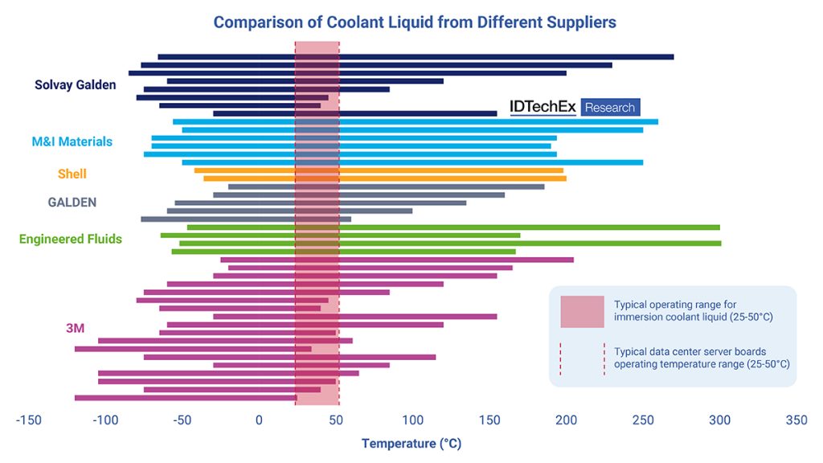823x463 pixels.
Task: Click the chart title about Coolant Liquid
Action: tap(414, 23)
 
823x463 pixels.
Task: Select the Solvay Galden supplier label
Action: tap(75, 84)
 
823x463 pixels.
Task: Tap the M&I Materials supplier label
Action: tap(72, 141)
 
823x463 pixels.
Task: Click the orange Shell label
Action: tap(72, 174)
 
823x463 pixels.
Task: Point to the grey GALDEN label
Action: tap(72, 203)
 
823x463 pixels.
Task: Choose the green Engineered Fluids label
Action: tap(70, 239)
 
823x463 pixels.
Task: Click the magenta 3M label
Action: tap(76, 327)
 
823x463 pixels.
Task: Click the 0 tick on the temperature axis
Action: tap(259, 420)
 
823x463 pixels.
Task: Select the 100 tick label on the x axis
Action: tap(411, 420)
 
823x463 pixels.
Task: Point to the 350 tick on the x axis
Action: tap(796, 420)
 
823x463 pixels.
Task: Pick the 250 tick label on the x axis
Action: tap(643, 420)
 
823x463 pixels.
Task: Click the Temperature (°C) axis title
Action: tap(411, 443)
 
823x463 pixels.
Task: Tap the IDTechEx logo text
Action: tap(543, 108)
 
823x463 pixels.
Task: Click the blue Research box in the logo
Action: tap(610, 108)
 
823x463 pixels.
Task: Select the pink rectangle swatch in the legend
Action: tap(582, 311)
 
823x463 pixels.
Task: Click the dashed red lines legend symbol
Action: tap(582, 358)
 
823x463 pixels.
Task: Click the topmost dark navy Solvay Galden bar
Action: tap(416, 57)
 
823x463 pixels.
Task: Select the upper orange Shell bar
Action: tap(378, 170)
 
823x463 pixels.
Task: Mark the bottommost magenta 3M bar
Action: tap(186, 397)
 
